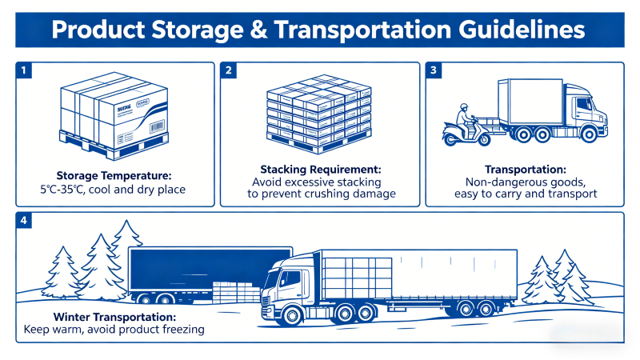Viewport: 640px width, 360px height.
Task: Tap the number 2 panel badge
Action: coord(230,71)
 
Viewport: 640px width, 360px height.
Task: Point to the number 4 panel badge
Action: coord(26,221)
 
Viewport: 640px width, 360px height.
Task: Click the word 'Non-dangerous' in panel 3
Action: coord(486,182)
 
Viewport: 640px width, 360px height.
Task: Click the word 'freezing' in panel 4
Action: coord(178,329)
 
